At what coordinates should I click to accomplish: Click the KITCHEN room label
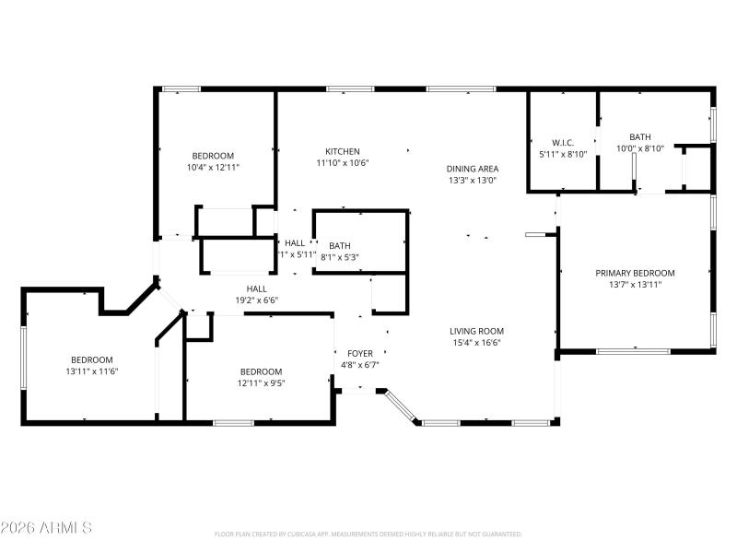pos(342,151)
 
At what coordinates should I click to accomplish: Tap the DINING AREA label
pos(473,169)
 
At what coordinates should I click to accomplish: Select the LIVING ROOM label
pos(476,331)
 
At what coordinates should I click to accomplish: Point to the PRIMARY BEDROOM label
pos(635,273)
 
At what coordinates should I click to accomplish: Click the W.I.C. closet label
pos(563,142)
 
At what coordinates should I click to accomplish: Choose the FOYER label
pos(359,353)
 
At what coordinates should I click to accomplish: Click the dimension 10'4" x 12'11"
pos(213,168)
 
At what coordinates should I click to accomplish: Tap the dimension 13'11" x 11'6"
pos(92,371)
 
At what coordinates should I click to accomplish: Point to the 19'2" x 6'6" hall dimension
pos(256,300)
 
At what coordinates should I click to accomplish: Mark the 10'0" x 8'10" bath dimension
pos(639,148)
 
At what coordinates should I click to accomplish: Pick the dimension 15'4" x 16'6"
pos(476,343)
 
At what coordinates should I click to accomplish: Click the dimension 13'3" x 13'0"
pos(472,181)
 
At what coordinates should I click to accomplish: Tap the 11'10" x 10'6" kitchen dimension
pos(342,163)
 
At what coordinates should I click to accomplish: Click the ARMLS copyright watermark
pos(47,528)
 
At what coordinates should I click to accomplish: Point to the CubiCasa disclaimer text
pos(368,535)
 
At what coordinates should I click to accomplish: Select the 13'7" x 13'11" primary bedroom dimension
pos(635,285)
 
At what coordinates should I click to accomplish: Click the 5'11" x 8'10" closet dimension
pos(563,154)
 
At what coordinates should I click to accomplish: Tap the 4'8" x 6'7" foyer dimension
pos(359,365)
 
